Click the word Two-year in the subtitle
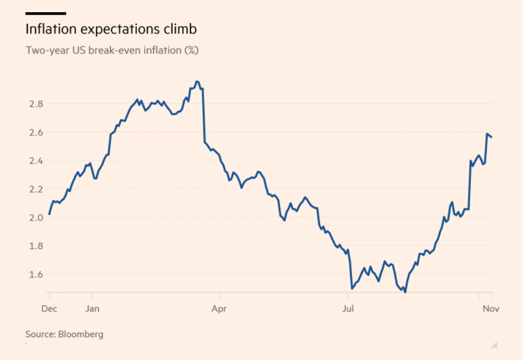(x=46, y=51)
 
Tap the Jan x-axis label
(x=92, y=308)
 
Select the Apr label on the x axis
(x=219, y=308)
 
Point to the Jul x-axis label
(x=348, y=308)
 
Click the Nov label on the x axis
(x=490, y=308)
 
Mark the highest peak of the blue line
(x=197, y=81)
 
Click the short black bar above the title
(x=46, y=13)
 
